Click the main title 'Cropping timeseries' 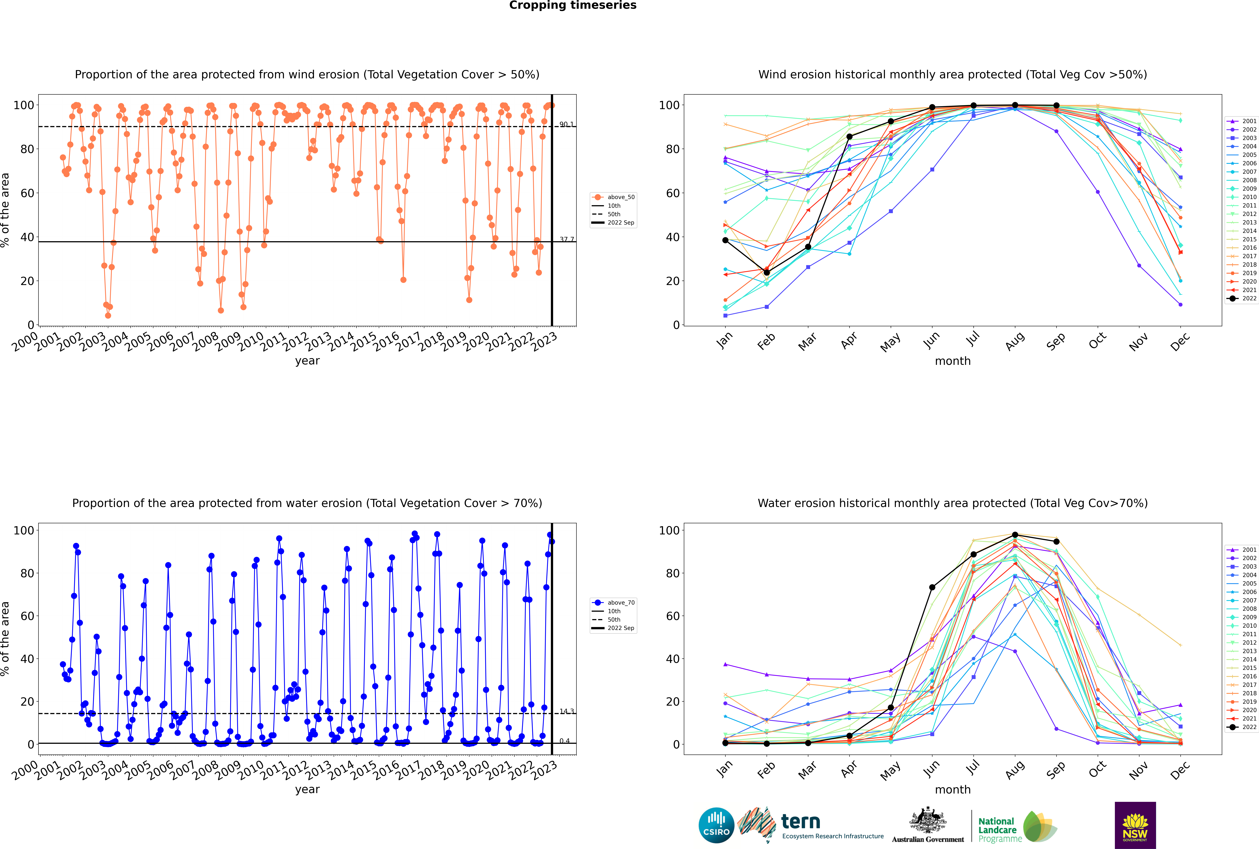[573, 5]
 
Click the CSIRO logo [716, 825]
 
